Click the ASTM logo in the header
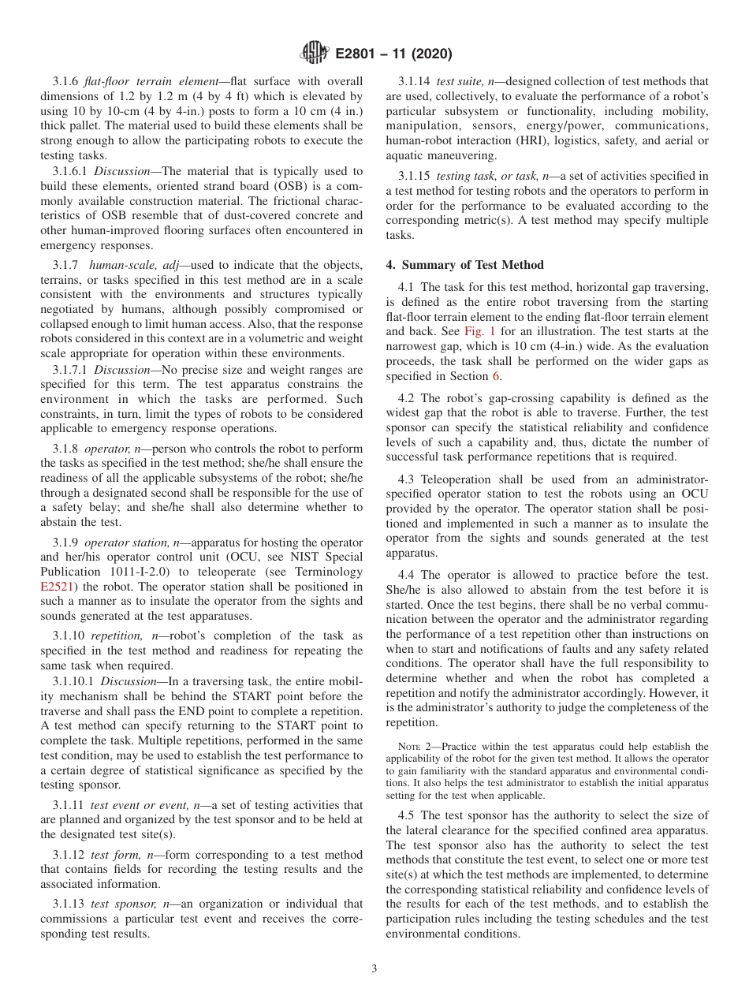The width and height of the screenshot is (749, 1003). pos(315,54)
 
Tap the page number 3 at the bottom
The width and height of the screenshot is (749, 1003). pos(374,969)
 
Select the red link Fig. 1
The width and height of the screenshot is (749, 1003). pos(480,332)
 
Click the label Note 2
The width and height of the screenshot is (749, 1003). pos(412,746)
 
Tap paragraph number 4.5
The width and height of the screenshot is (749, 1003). pos(406,815)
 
